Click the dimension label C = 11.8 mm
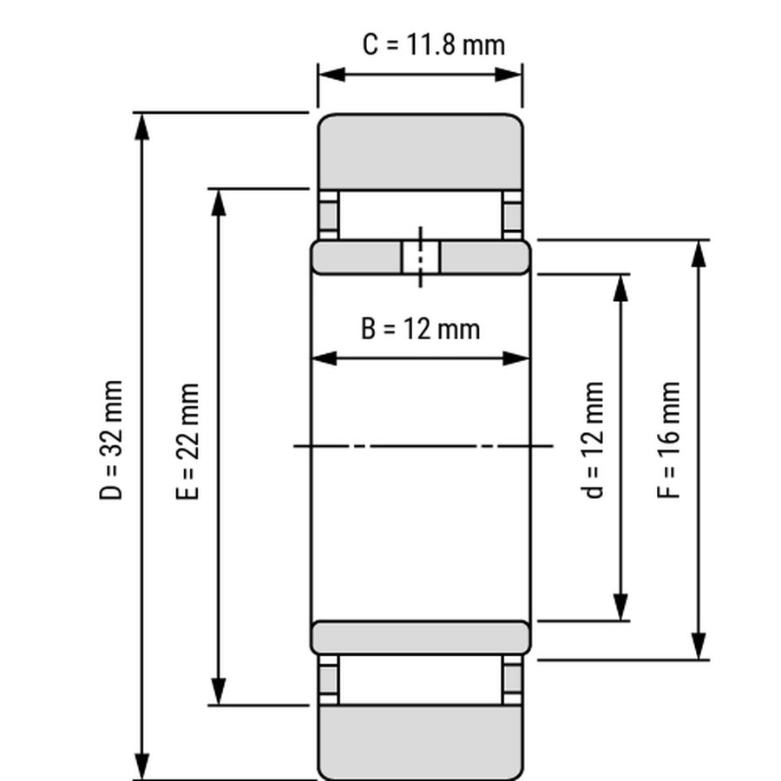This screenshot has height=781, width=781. [434, 45]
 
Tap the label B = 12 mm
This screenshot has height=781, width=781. [420, 329]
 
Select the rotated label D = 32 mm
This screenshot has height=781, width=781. [110, 440]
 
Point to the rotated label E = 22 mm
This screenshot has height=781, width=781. [187, 442]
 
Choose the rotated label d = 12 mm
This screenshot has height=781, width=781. [593, 440]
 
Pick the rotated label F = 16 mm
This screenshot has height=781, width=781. [668, 440]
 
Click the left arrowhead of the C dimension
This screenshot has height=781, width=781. [331, 75]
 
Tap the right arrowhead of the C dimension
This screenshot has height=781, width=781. [509, 75]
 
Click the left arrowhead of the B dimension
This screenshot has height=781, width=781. [324, 358]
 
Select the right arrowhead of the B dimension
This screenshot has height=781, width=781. [516, 358]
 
